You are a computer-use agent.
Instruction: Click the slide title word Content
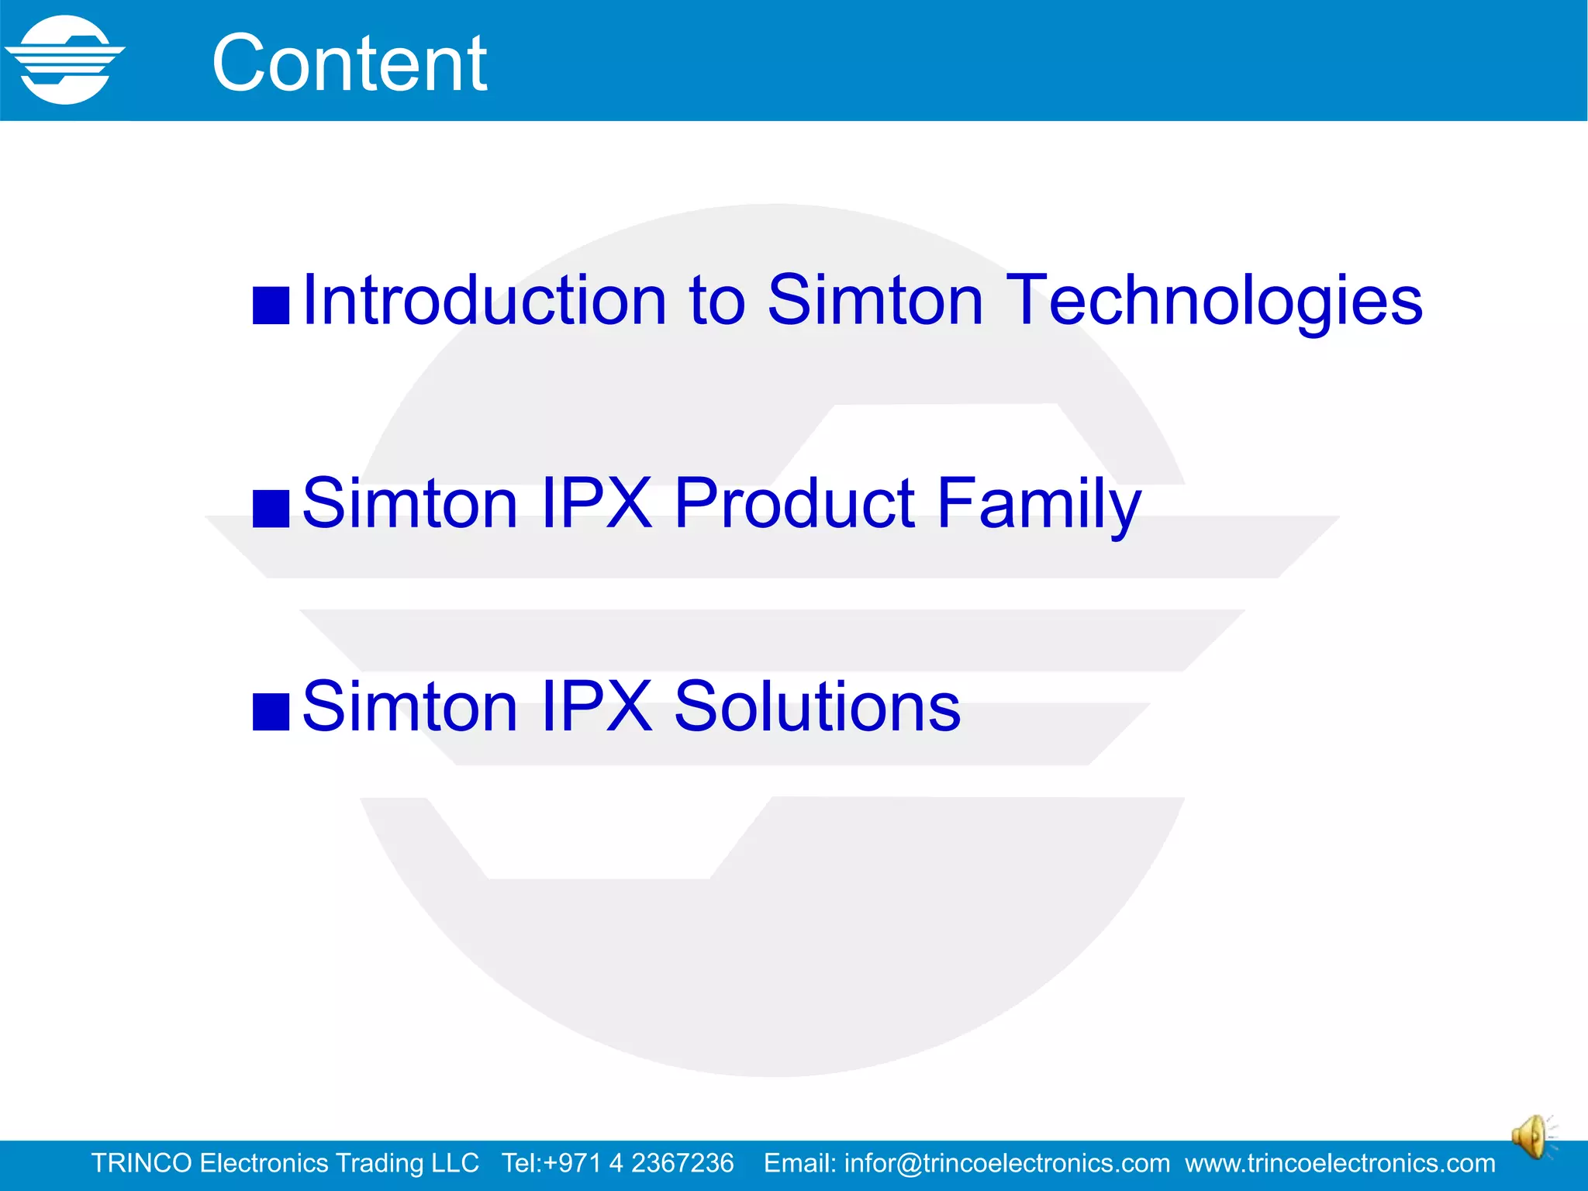[349, 64]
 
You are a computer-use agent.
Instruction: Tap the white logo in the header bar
[65, 60]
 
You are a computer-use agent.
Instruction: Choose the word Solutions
[817, 706]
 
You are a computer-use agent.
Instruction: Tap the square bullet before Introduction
[271, 306]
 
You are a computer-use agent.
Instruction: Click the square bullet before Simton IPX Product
[271, 509]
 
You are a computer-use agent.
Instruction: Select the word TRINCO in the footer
[141, 1163]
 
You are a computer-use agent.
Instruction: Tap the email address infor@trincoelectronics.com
[1006, 1163]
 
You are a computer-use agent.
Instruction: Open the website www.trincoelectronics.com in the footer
[1340, 1163]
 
